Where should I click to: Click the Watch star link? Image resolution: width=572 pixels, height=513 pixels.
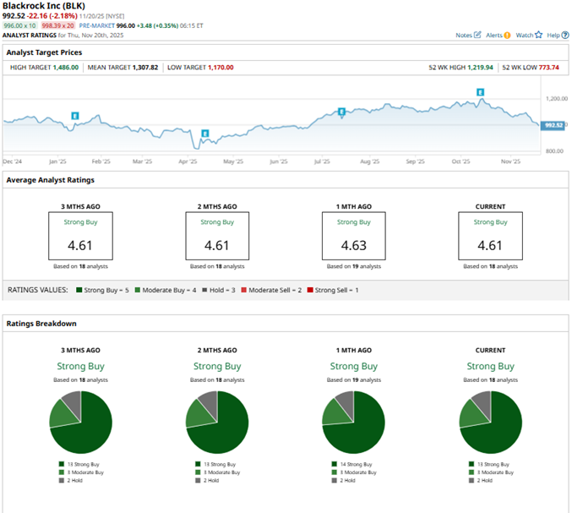pos(529,35)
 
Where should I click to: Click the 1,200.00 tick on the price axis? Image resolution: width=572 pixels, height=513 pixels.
pos(553,98)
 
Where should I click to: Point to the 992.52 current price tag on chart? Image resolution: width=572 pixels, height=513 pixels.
pos(554,124)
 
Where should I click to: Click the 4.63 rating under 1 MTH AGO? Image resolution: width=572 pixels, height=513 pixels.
pos(353,246)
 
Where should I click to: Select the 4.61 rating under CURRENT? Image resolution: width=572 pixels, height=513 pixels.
pos(490,246)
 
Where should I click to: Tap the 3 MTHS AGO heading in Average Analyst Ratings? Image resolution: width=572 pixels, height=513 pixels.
pos(80,206)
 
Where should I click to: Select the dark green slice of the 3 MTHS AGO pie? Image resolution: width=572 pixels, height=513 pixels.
pos(88,427)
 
